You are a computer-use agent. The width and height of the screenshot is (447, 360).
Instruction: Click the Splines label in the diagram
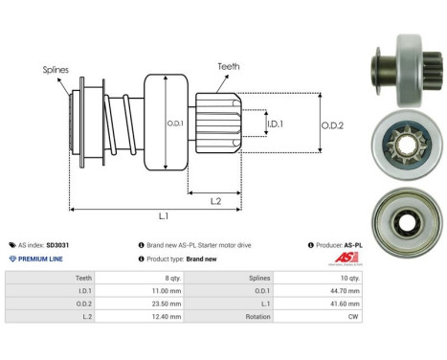pyautogui.click(x=56, y=69)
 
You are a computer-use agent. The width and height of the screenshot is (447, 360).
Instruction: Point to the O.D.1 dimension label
pyautogui.click(x=175, y=124)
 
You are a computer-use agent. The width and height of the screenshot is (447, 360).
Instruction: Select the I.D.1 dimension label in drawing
pyautogui.click(x=275, y=124)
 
